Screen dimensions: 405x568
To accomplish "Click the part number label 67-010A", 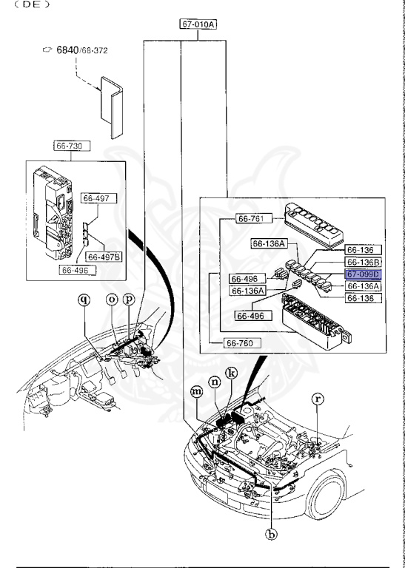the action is [198, 24].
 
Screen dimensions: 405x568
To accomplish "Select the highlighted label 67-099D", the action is [363, 274].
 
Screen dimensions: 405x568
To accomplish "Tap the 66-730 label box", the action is [72, 146].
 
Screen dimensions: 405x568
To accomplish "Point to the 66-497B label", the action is [104, 257].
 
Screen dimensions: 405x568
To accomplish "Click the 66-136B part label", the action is [363, 262].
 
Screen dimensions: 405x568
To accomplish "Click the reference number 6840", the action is [67, 50].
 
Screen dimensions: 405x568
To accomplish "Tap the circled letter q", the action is [84, 300].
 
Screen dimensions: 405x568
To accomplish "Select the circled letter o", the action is [112, 300].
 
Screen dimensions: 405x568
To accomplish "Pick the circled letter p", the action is [129, 300].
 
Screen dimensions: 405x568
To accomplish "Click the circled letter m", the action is [197, 391].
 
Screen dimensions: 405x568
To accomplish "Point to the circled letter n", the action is [215, 382].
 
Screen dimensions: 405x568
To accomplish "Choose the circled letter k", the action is [232, 373].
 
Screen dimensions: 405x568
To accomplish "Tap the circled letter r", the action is [318, 399].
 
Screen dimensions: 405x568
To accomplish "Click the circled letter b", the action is [271, 534].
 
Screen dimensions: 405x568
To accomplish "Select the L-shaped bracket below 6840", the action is [112, 107].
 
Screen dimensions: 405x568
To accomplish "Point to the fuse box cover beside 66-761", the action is [314, 225].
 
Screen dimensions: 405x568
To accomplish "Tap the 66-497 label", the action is [99, 198].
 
